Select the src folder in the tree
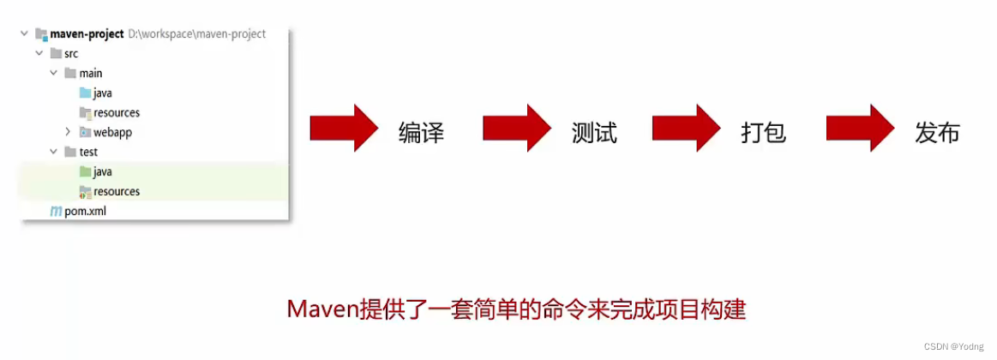71,54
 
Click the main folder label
91,74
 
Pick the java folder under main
103,93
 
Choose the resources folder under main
117,113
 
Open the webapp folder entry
112,133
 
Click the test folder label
88,153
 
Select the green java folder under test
103,172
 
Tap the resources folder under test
117,192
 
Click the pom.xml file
85,211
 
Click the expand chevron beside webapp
68,133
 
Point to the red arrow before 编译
343,129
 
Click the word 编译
421,133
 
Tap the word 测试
594,133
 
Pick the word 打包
763,133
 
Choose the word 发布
937,133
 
